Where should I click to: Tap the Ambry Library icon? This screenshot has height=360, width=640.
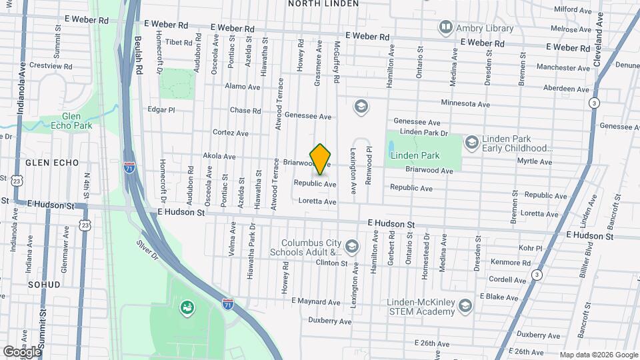(445, 27)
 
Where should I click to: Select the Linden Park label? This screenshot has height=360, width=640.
(415, 155)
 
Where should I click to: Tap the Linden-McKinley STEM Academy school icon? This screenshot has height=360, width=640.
(465, 305)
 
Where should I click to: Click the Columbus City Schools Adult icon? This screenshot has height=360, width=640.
(352, 248)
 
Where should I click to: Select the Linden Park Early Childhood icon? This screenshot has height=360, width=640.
(472, 142)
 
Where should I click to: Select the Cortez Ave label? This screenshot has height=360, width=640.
(230, 133)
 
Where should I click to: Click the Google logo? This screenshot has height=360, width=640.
(21, 351)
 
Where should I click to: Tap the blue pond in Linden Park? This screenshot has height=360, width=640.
(391, 145)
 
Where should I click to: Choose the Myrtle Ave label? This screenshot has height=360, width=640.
(535, 161)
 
